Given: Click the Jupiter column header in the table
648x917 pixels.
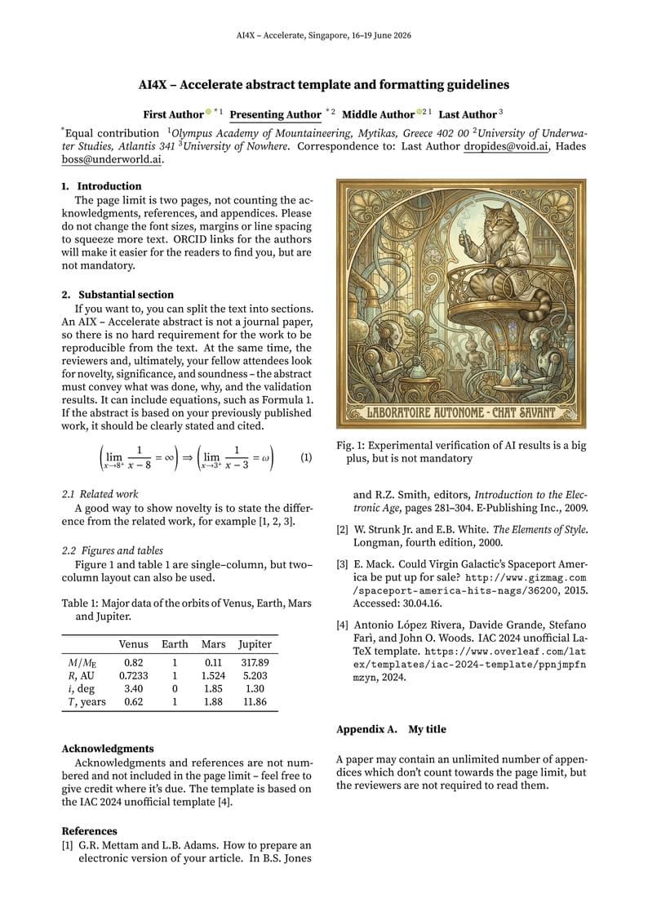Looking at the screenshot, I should tap(255, 644).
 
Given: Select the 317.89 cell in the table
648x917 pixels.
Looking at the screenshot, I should tap(255, 663).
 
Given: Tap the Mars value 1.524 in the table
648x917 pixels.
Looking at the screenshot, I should tap(213, 676).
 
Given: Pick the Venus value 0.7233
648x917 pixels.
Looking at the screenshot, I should tap(133, 676).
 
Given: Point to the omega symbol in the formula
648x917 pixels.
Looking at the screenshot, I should tap(263, 458).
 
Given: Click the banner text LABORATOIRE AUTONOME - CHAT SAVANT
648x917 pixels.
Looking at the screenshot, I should tap(461, 412).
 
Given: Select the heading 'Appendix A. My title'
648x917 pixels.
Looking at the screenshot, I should tap(391, 729).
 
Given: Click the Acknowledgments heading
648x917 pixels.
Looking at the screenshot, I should tap(108, 748).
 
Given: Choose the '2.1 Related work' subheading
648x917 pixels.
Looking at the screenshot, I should tap(100, 494).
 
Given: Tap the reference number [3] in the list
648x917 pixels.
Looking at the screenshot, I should tap(343, 563).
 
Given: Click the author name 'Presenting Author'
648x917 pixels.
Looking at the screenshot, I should tap(275, 115).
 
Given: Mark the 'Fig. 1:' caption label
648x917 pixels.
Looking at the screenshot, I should tap(352, 446).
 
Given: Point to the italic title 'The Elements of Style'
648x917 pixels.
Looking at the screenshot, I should tap(536, 529).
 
